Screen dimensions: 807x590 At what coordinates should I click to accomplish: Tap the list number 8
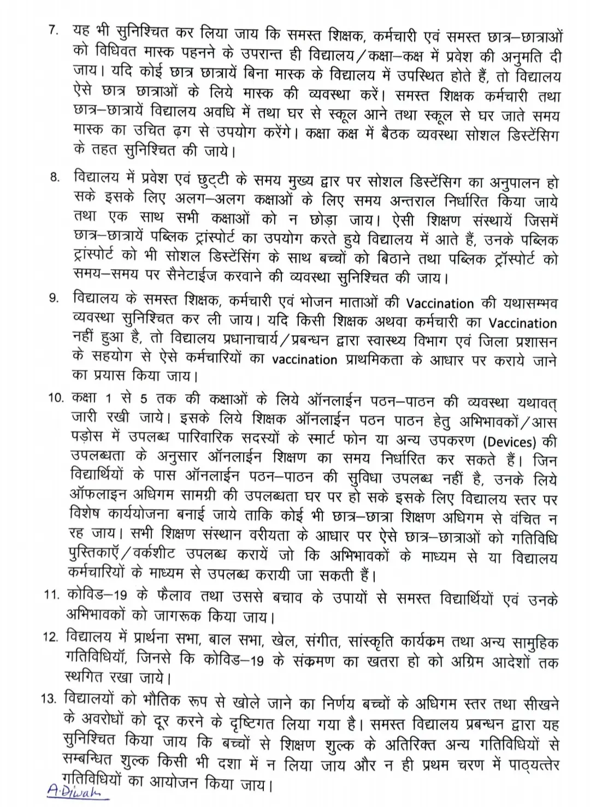click(x=54, y=179)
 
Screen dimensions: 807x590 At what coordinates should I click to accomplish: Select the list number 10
click(x=56, y=398)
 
